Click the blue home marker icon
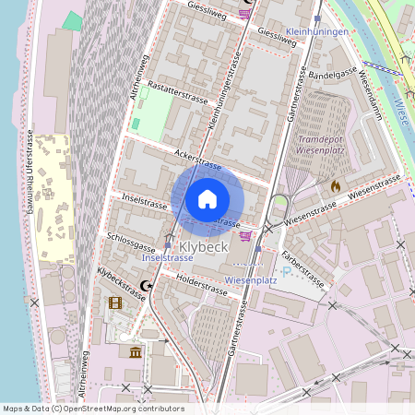(x=207, y=198)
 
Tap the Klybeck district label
(x=202, y=247)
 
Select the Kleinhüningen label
(x=317, y=31)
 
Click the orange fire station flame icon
(x=336, y=185)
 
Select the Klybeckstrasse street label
(x=122, y=284)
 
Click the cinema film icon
(x=115, y=302)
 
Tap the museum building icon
(x=136, y=352)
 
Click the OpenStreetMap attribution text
(x=93, y=408)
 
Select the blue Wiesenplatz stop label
(x=252, y=279)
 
